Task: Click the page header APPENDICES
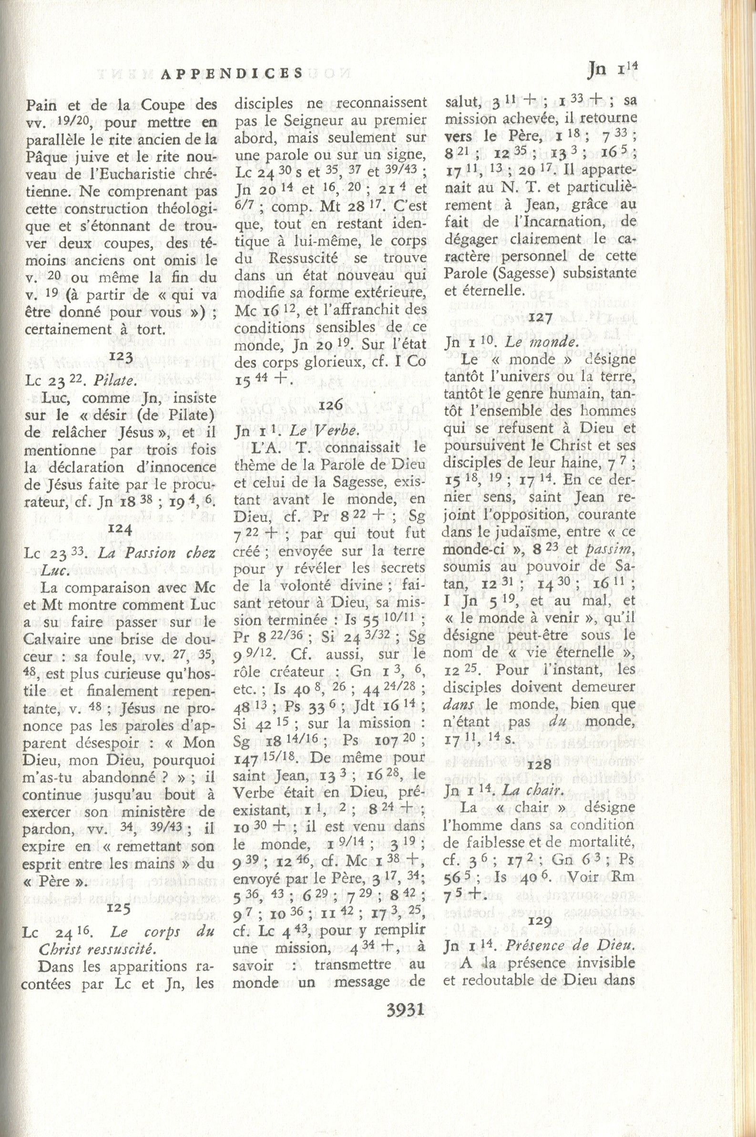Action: pos(232,73)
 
